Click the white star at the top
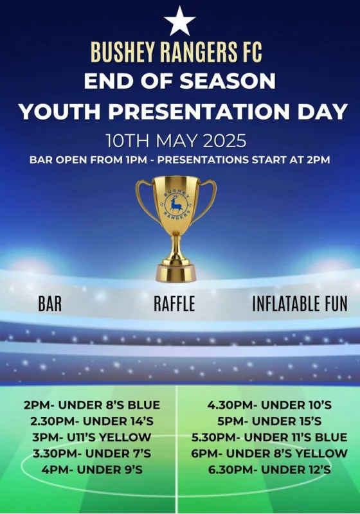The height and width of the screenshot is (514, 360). (x=179, y=22)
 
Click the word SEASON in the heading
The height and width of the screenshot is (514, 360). (x=228, y=81)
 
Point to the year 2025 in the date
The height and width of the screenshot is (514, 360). (x=224, y=141)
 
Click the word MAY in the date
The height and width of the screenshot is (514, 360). (x=175, y=141)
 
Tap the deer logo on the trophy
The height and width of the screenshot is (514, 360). (x=176, y=204)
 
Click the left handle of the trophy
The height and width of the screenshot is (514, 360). (x=147, y=200)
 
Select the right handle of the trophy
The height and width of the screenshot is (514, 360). (x=206, y=200)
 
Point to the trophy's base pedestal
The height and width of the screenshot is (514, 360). (x=176, y=273)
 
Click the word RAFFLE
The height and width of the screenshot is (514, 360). (x=174, y=303)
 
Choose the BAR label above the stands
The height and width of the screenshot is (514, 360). (x=50, y=303)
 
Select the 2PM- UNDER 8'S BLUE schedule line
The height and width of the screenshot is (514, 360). (x=92, y=405)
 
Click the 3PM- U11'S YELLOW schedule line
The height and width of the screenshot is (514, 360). (x=92, y=438)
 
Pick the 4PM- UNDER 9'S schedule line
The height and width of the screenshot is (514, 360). (x=92, y=470)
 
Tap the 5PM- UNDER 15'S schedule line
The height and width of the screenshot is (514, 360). (x=269, y=421)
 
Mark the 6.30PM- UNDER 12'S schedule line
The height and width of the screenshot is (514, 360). (x=269, y=470)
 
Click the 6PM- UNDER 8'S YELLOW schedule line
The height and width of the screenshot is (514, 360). (x=269, y=454)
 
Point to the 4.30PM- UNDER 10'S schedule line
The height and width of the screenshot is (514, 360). (x=269, y=405)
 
